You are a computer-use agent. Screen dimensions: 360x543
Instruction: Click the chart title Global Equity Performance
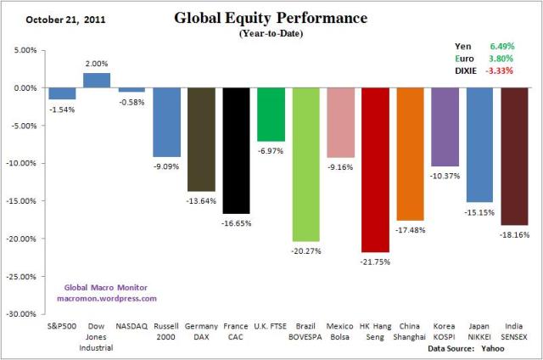point(271,18)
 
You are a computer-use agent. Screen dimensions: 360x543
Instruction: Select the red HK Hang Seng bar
point(375,170)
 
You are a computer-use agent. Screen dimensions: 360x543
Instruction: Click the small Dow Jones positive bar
point(97,80)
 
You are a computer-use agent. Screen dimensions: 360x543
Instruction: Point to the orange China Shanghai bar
point(410,154)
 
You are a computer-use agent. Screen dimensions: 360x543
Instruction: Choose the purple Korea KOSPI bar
point(445,127)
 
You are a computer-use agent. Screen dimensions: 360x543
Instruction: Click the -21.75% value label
point(375,260)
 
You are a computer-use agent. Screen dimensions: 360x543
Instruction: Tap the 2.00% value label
point(97,64)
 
